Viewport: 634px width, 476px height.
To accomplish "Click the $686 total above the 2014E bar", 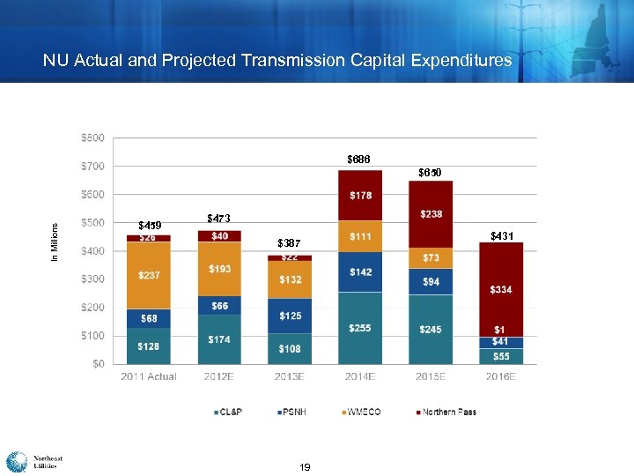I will [358, 160].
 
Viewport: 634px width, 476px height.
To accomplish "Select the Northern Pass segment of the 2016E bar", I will [501, 289].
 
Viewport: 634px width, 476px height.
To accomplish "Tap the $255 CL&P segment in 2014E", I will [360, 328].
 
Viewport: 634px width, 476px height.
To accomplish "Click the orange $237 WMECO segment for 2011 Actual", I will [149, 275].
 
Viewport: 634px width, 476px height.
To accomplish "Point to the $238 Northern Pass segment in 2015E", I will [431, 214].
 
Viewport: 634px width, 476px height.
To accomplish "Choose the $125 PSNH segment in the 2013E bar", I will [290, 315].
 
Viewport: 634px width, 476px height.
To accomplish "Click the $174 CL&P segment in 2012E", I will [219, 339].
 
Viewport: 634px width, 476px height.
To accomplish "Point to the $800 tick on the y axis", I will [92, 138].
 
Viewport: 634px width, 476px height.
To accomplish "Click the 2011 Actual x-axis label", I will [149, 376].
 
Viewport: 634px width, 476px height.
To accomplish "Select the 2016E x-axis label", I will [501, 376].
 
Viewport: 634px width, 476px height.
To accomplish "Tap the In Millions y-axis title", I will [55, 240].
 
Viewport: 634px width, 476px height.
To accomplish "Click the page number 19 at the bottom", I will [305, 466].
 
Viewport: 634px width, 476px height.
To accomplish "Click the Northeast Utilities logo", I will [33, 462].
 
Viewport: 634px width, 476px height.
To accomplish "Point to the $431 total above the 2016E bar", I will [502, 235].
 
